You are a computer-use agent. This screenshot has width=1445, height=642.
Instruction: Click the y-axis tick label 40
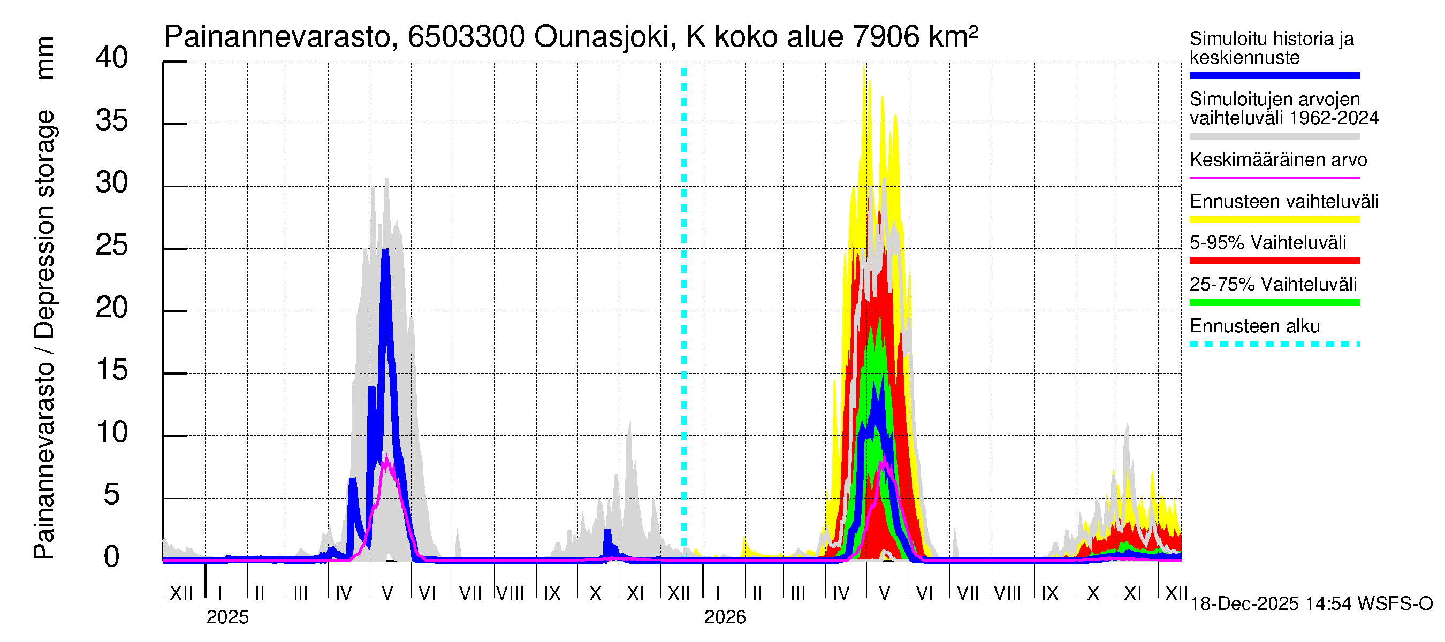click(112, 58)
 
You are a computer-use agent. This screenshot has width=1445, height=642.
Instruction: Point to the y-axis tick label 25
click(112, 246)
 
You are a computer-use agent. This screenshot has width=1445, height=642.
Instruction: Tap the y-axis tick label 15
click(112, 371)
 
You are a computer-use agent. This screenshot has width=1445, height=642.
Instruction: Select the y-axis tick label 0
click(112, 557)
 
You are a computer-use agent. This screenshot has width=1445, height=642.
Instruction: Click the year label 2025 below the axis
click(227, 617)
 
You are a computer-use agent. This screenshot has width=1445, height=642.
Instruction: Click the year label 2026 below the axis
click(725, 617)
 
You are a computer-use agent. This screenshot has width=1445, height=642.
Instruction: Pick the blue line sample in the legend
click(1274, 75)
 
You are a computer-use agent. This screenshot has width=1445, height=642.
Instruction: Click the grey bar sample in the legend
click(1274, 136)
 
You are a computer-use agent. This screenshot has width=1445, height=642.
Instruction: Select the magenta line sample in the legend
click(1274, 178)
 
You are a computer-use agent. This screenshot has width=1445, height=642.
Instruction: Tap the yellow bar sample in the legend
click(1274, 219)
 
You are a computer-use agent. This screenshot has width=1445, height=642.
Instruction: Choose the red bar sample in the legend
click(1274, 261)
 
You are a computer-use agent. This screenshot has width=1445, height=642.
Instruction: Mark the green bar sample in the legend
click(1274, 303)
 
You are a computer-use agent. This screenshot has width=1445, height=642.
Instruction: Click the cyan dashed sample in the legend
click(1274, 344)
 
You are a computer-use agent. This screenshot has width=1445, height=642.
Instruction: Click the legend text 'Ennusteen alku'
click(1255, 326)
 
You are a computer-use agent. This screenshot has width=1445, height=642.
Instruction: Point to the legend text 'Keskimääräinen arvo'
click(1279, 160)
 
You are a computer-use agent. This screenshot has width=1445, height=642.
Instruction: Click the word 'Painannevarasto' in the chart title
click(277, 37)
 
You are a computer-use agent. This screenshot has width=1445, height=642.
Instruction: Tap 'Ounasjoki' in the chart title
click(602, 37)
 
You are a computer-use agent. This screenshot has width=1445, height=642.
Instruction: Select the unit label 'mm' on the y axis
click(45, 58)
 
